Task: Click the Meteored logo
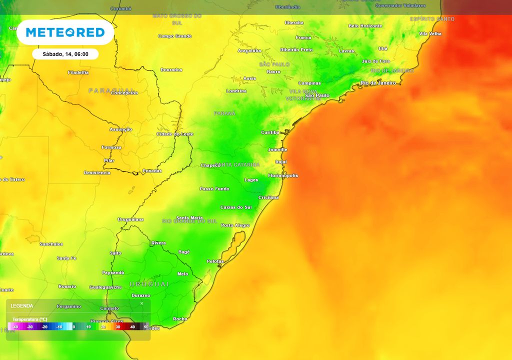[65, 32]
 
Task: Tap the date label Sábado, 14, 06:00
[65, 54]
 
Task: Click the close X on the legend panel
[141, 303]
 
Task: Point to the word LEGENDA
[22, 305]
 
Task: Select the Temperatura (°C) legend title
[30, 319]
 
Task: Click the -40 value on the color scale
[15, 326]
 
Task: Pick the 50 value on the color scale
[146, 326]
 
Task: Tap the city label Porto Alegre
[235, 225]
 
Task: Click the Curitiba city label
[270, 132]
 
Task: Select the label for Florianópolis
[283, 175]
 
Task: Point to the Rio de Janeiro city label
[378, 83]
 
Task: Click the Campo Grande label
[175, 36]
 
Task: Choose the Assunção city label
[121, 129]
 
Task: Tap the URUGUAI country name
[149, 284]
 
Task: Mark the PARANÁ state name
[224, 113]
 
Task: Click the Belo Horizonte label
[365, 26]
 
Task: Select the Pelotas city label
[215, 261]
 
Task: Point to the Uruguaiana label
[130, 219]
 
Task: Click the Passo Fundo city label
[214, 189]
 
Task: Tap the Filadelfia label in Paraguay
[78, 72]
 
